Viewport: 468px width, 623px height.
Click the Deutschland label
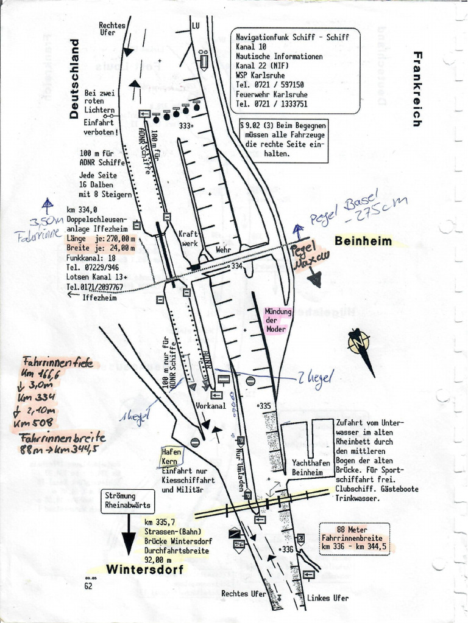click(x=74, y=78)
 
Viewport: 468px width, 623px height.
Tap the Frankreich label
click(x=417, y=89)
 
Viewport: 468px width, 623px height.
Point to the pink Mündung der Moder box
click(x=278, y=320)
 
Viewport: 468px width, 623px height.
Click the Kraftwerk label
click(x=188, y=238)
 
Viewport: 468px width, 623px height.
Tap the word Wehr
click(x=224, y=249)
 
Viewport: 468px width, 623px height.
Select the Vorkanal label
click(x=211, y=405)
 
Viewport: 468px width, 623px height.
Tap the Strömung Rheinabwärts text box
click(x=127, y=500)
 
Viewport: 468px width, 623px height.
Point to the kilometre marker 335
click(x=264, y=405)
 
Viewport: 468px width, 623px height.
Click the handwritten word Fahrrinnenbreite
click(x=63, y=438)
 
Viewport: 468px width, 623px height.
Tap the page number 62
click(x=88, y=586)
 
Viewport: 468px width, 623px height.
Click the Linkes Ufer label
click(x=328, y=598)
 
